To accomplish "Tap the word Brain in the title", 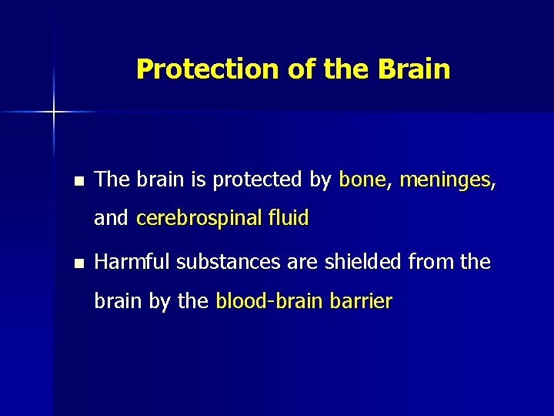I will pyautogui.click(x=414, y=69).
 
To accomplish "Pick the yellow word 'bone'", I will pyautogui.click(x=362, y=179).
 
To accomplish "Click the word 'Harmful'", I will pyautogui.click(x=132, y=262).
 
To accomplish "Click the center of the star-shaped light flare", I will pyautogui.click(x=54, y=112).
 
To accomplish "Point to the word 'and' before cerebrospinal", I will pyautogui.click(x=111, y=219).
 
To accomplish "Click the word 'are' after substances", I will pyautogui.click(x=299, y=262).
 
